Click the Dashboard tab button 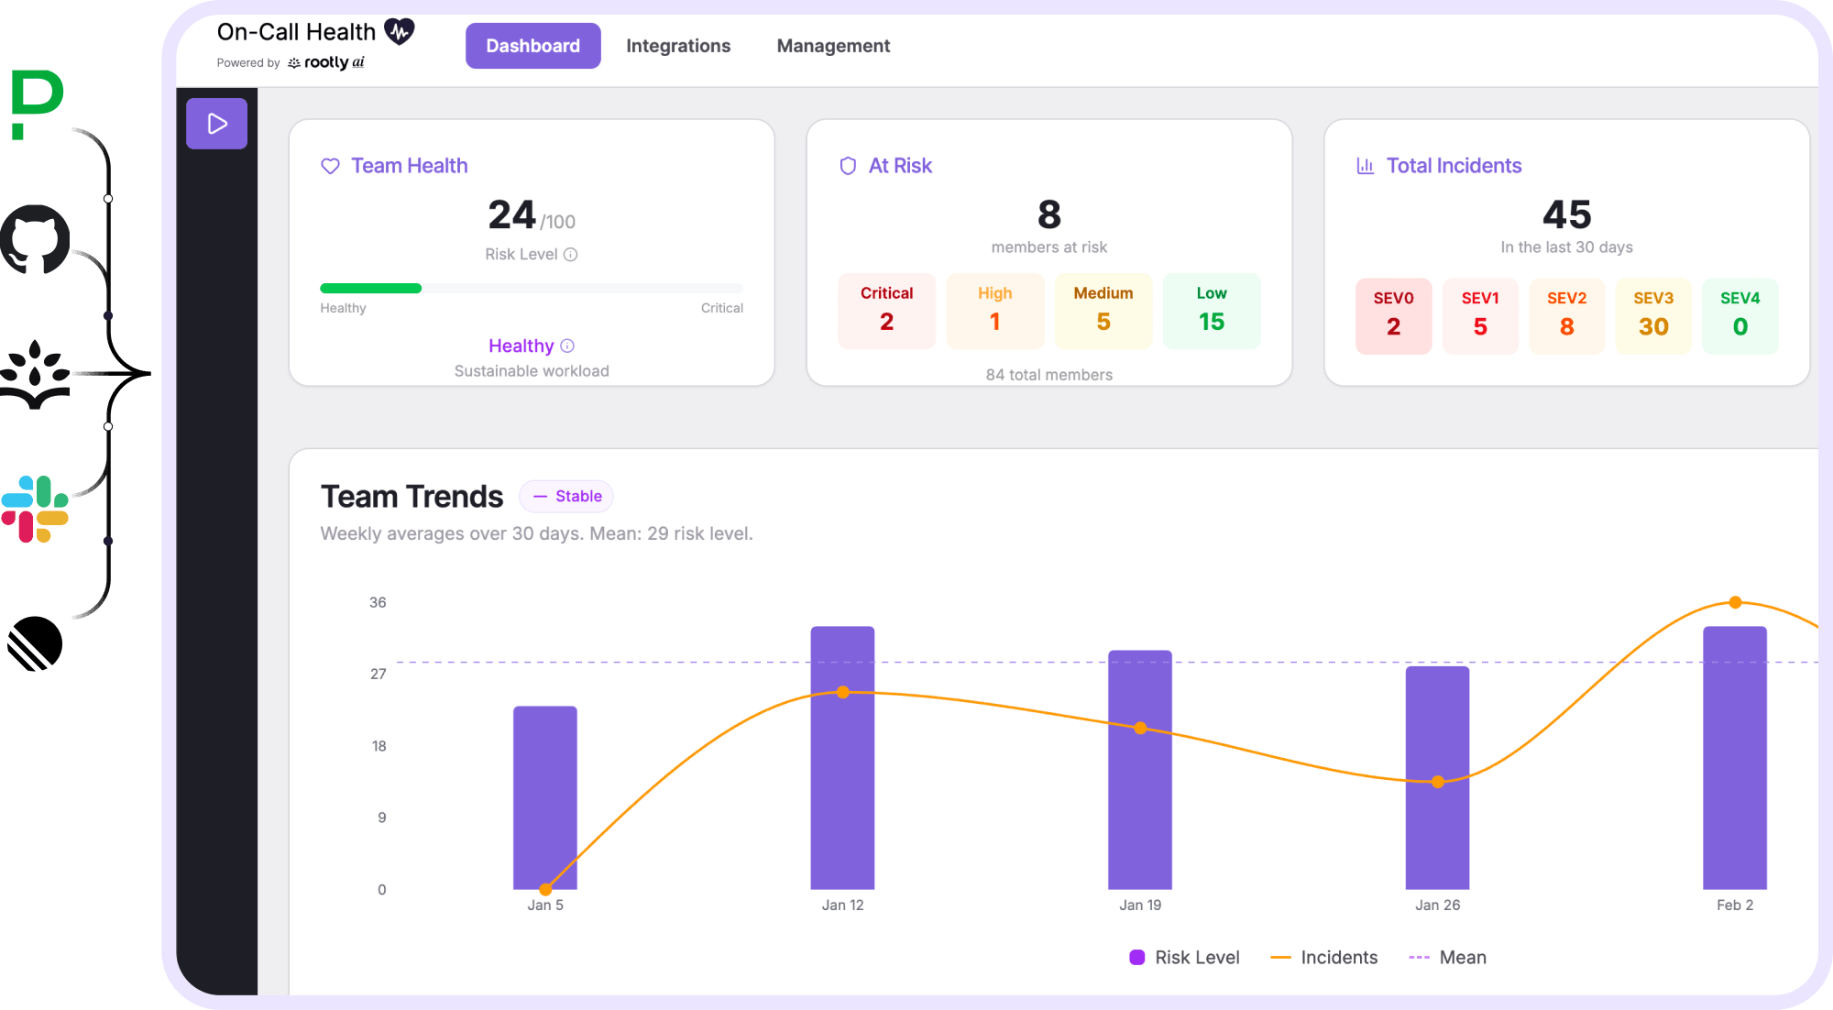point(532,46)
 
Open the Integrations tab point(678,46)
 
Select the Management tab point(833,46)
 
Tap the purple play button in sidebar point(216,124)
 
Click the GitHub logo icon point(35,239)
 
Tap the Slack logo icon point(35,509)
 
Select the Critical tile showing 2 point(886,311)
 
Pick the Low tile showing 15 point(1211,311)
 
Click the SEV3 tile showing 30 point(1652,315)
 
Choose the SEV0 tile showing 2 point(1393,315)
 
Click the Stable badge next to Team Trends point(566,496)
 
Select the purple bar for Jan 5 point(544,797)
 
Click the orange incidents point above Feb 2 point(1735,602)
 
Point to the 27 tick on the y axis point(378,674)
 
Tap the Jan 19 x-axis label point(1139,905)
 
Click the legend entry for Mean point(1447,957)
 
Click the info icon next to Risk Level point(570,255)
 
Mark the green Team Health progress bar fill point(370,288)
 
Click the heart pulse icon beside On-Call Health point(399,31)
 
